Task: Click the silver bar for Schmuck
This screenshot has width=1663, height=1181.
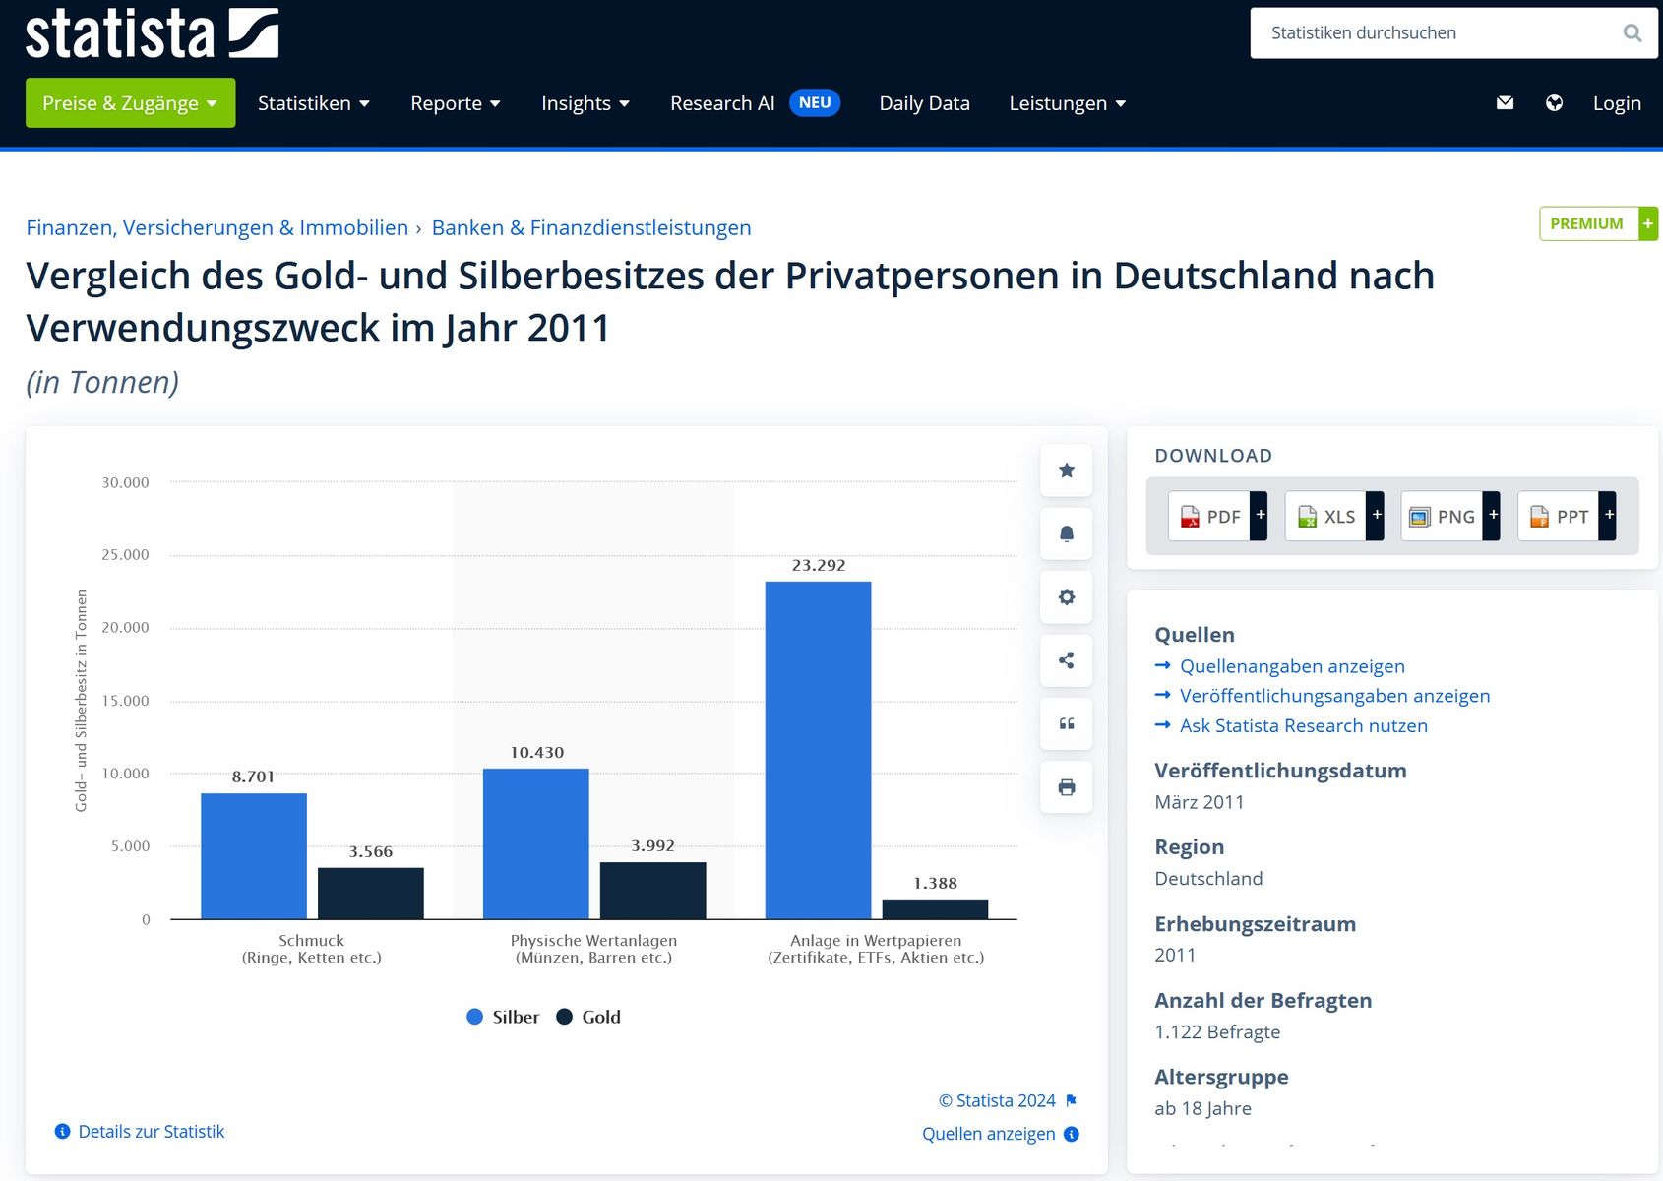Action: click(x=253, y=856)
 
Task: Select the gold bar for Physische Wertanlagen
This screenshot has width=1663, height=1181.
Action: click(x=652, y=891)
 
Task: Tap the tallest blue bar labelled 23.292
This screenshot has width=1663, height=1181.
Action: click(x=818, y=751)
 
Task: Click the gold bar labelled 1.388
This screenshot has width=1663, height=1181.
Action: click(x=935, y=909)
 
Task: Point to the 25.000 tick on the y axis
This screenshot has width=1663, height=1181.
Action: click(x=126, y=554)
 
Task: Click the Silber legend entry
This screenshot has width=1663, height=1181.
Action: click(x=503, y=1017)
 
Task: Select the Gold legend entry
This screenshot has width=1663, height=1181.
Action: click(x=588, y=1017)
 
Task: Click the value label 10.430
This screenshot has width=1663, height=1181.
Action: click(x=536, y=752)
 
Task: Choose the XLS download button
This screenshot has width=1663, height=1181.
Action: click(x=1334, y=516)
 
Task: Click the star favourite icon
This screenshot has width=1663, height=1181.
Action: click(x=1066, y=470)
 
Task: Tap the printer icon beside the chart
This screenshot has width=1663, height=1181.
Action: click(x=1066, y=786)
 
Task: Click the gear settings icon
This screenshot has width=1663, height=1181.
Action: click(x=1066, y=596)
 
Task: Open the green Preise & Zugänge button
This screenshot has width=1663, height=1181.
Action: click(x=130, y=103)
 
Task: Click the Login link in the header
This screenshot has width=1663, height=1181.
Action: click(x=1616, y=103)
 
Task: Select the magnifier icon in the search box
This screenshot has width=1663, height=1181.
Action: click(x=1632, y=32)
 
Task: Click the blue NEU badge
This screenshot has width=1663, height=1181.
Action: click(x=815, y=103)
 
